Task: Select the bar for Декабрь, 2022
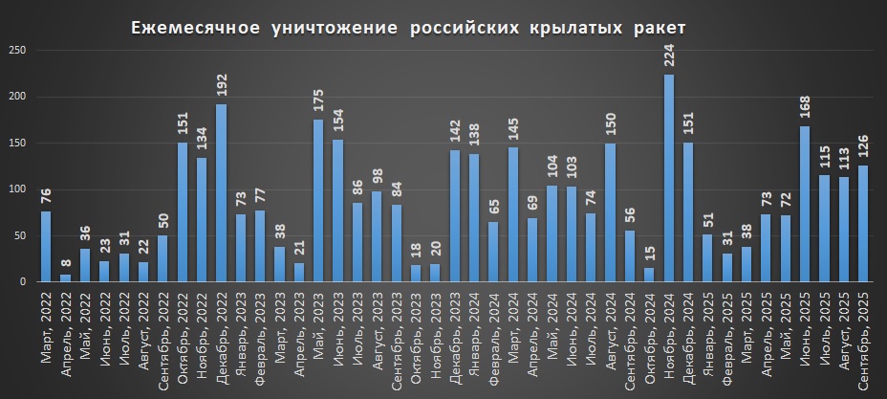[x=221, y=192]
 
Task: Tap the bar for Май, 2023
[x=318, y=200]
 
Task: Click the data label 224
[x=668, y=56]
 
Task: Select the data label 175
[x=318, y=102]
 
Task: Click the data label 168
[x=805, y=109]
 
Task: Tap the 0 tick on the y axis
[x=19, y=282]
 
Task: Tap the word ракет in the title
[x=659, y=28]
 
